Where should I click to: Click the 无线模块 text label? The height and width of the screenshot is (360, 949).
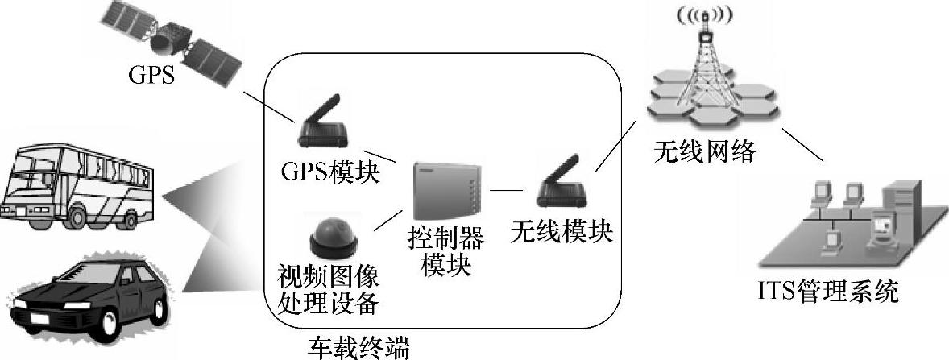(x=562, y=232)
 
